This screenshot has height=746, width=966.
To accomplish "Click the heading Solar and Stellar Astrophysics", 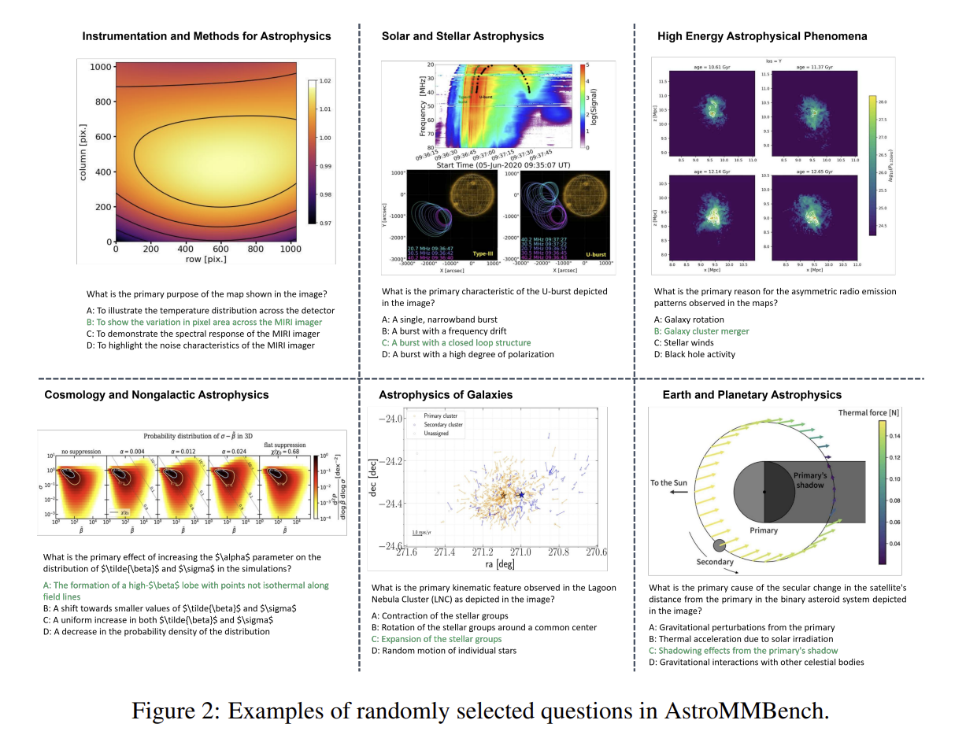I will click(462, 36).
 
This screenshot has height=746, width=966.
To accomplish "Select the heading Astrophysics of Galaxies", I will click(446, 394).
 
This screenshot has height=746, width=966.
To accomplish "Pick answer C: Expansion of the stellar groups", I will click(436, 639).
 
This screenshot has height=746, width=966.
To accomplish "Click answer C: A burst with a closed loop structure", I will click(456, 342).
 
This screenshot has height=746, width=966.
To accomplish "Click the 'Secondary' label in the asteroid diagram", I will click(714, 562).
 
